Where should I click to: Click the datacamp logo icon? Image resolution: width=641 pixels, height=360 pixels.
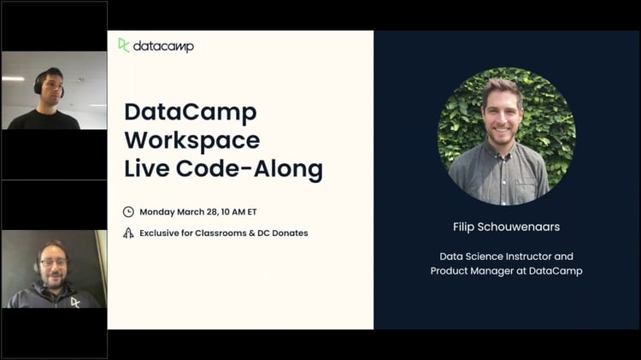(x=123, y=45)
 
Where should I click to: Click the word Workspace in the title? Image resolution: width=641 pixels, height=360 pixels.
(x=192, y=140)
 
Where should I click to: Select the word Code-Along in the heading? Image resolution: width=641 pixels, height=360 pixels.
(x=250, y=169)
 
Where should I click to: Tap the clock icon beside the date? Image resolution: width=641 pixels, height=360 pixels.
(x=128, y=212)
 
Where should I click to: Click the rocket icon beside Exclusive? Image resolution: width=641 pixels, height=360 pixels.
(x=128, y=233)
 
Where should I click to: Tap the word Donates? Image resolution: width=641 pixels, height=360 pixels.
(x=290, y=233)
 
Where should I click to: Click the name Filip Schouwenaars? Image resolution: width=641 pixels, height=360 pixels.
(x=506, y=227)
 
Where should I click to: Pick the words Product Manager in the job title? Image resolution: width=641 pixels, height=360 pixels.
(x=478, y=271)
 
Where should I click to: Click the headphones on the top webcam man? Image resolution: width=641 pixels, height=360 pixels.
(x=39, y=83)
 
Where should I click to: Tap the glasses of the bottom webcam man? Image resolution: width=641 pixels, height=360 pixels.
(x=53, y=263)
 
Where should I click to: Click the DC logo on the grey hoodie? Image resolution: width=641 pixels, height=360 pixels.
(x=75, y=303)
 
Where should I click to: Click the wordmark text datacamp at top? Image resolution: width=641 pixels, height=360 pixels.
(x=163, y=47)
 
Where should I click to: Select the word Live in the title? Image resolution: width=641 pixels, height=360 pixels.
(x=147, y=168)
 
